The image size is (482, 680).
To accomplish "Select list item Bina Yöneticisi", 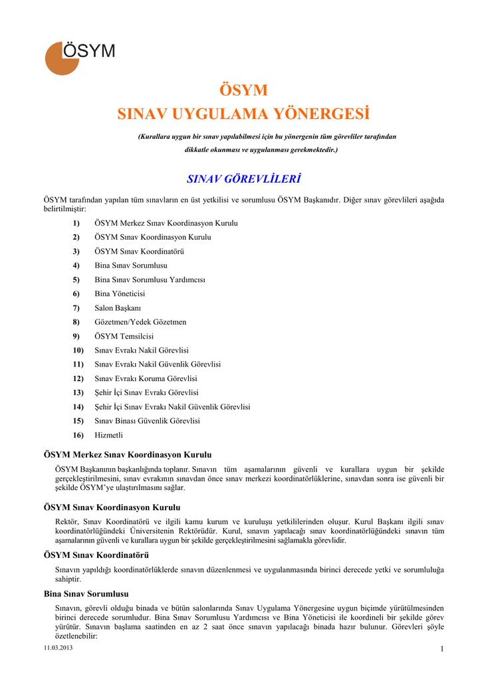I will tap(120, 294).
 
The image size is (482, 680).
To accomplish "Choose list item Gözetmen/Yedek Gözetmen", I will tap(140, 322).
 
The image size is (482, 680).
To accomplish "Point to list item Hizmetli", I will tap(109, 435).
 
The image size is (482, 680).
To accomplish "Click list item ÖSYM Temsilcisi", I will tap(124, 336).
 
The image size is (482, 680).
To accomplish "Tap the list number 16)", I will tap(78, 435).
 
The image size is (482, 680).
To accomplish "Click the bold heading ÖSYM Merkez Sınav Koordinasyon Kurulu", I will tap(128, 455).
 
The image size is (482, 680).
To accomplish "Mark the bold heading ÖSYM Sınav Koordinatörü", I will tap(96, 555).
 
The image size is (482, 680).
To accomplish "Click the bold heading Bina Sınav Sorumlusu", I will tap(86, 594).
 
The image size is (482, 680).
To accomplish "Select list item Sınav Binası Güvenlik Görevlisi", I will tap(148, 421).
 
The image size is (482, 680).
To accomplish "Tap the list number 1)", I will tap(76, 223).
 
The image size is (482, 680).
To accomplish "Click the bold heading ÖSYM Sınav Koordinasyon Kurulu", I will tap(112, 507).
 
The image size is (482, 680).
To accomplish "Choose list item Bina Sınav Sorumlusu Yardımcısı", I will tap(150, 280).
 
